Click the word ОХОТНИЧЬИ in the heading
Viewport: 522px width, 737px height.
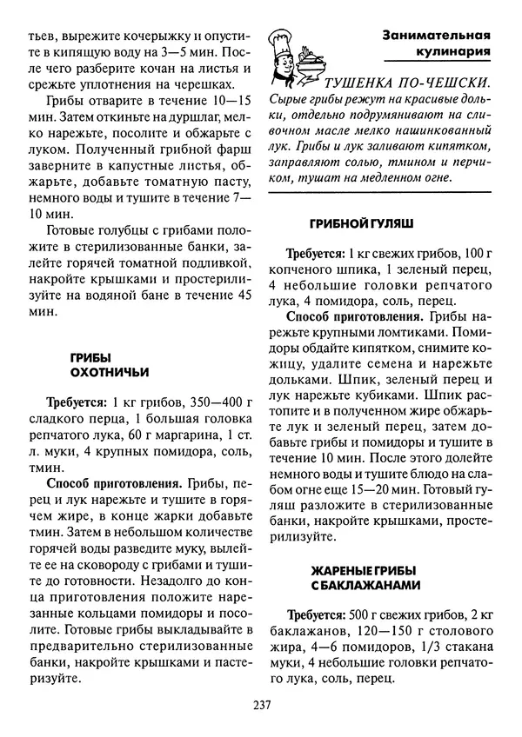coord(109,371)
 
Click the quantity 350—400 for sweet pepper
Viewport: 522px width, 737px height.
coord(212,402)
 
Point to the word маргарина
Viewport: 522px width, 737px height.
coord(179,434)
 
